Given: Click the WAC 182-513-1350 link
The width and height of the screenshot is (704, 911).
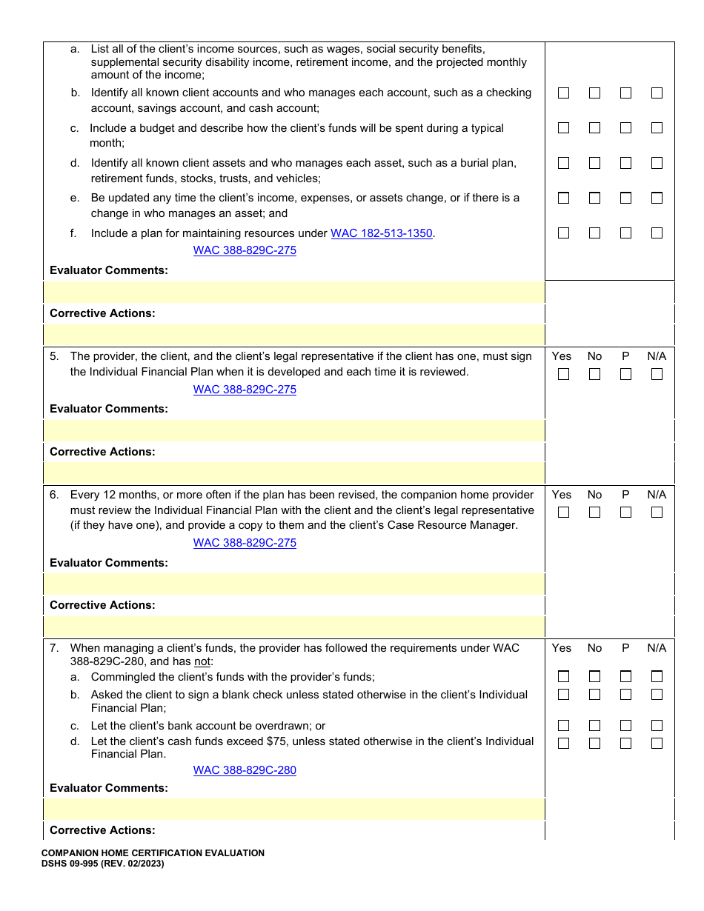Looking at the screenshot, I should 381,233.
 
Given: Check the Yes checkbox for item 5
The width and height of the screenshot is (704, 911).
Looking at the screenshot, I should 563,374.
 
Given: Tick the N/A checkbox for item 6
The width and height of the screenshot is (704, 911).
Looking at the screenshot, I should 657,512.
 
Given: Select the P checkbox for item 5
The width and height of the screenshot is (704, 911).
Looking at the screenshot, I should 625,374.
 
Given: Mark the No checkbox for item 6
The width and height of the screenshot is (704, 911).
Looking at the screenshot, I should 594,512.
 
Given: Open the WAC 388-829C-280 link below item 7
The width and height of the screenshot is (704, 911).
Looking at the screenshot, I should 245,770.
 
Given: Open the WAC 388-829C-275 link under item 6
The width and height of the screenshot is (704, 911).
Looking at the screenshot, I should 245,543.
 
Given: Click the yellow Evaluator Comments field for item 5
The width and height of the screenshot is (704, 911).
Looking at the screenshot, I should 294,430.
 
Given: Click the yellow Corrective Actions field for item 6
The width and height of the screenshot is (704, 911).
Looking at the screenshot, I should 294,627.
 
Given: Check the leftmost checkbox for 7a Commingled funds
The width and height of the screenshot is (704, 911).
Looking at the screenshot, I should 563,676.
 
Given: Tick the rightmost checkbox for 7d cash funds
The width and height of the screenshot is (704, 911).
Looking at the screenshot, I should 657,743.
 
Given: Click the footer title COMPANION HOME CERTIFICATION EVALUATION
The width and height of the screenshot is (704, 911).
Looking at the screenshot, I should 153,853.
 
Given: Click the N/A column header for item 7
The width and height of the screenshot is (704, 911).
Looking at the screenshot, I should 657,648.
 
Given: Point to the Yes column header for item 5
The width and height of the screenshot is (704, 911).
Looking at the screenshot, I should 562,356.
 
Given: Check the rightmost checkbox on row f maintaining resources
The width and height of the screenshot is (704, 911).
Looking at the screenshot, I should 657,233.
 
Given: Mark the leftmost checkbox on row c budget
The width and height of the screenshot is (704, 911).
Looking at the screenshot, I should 563,127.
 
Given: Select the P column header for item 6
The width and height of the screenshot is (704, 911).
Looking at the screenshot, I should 625,495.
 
